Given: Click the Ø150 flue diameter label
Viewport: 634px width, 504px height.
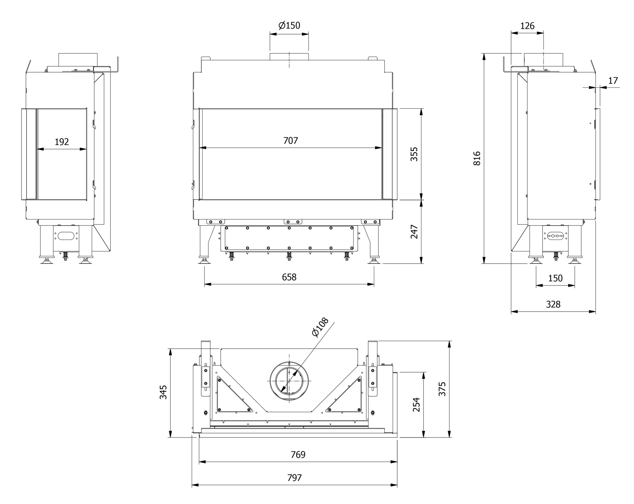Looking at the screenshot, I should click(x=289, y=25).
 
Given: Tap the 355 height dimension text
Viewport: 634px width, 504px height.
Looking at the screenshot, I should click(x=414, y=154).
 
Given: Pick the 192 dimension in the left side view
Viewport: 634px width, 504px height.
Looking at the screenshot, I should click(x=62, y=142).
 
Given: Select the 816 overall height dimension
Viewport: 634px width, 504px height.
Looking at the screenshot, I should click(x=477, y=158).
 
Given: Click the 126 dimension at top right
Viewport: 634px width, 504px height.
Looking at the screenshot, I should click(x=527, y=26).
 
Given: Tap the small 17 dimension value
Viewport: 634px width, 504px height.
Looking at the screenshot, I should click(x=613, y=80).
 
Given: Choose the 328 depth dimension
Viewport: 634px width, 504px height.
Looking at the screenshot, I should click(x=553, y=304).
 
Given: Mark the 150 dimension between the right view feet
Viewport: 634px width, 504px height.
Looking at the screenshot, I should click(x=555, y=278).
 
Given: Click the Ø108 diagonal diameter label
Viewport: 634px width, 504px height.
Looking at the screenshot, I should click(x=320, y=328).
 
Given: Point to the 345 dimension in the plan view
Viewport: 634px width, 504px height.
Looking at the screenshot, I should click(x=163, y=392).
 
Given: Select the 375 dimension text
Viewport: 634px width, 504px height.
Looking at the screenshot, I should click(x=442, y=389).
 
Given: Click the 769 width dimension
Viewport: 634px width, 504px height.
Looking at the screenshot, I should click(x=298, y=455).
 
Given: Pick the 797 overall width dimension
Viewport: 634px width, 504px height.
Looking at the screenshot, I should click(x=294, y=478).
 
